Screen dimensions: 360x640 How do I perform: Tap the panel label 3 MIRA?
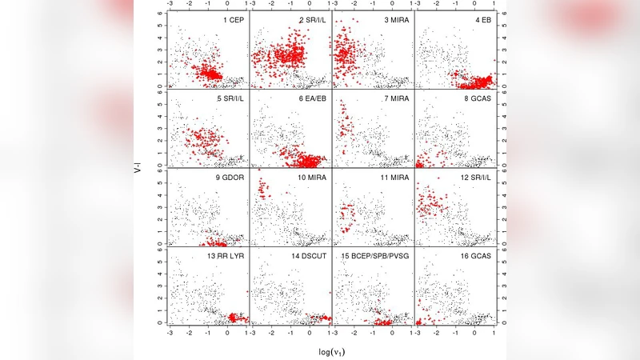[395, 18]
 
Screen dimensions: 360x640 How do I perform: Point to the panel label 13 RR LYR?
[226, 255]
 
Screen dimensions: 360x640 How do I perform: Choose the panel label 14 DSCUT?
[307, 255]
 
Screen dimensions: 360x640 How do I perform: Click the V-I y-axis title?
[137, 168]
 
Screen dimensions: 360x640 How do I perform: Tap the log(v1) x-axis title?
[330, 350]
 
